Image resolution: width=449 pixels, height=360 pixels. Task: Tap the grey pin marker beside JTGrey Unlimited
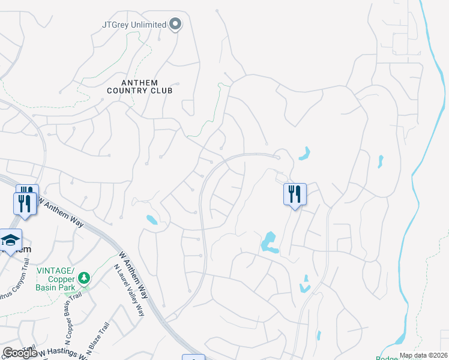pos(175,24)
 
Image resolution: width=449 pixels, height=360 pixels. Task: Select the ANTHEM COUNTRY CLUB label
pos(139,86)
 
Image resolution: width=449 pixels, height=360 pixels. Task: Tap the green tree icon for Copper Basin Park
pos(85,278)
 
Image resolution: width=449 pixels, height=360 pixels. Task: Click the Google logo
pos(20,353)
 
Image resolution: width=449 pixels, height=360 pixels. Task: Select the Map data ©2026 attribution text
pos(423,355)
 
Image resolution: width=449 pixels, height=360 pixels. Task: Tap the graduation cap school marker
pos(10,241)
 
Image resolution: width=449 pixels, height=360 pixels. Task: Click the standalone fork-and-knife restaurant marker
pos(295,195)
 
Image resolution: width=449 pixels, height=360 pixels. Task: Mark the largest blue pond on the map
pos(268,242)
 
